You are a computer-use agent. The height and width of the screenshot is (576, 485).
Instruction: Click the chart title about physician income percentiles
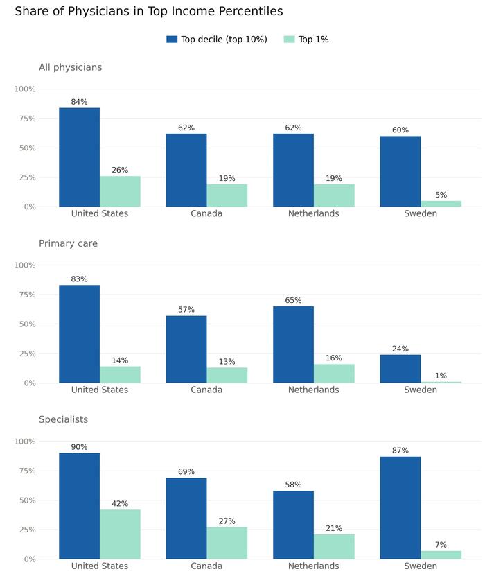(x=149, y=12)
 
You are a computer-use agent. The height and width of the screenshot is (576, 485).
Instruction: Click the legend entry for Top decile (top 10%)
(x=217, y=40)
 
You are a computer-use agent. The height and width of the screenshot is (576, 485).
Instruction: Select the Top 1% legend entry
(x=306, y=40)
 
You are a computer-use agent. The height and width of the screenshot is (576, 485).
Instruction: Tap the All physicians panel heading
(x=70, y=67)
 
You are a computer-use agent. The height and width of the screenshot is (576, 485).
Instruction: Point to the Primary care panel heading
(x=68, y=243)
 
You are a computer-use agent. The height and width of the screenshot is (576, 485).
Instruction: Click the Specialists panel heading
(x=63, y=419)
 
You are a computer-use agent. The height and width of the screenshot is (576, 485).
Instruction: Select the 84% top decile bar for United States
(x=79, y=157)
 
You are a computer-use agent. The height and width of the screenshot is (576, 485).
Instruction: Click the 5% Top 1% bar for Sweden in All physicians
(x=441, y=204)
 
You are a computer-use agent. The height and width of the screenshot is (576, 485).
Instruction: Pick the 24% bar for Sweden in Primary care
(x=400, y=369)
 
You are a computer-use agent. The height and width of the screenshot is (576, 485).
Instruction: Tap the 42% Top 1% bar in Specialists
(x=120, y=534)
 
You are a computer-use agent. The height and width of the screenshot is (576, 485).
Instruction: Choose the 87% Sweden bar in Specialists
(x=400, y=508)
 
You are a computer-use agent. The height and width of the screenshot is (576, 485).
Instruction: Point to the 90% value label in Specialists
(x=79, y=447)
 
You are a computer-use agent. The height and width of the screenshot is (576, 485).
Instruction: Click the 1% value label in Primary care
(x=441, y=376)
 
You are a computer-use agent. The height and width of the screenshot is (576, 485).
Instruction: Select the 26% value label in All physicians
(x=120, y=170)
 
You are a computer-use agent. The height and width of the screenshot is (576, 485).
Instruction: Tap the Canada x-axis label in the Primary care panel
(x=206, y=390)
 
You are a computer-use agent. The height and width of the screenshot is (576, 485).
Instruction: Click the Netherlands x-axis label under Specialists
(x=313, y=566)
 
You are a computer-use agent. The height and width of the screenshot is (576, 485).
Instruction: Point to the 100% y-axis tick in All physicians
(x=25, y=89)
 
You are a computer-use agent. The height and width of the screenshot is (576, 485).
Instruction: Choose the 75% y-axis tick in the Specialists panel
(x=26, y=471)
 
